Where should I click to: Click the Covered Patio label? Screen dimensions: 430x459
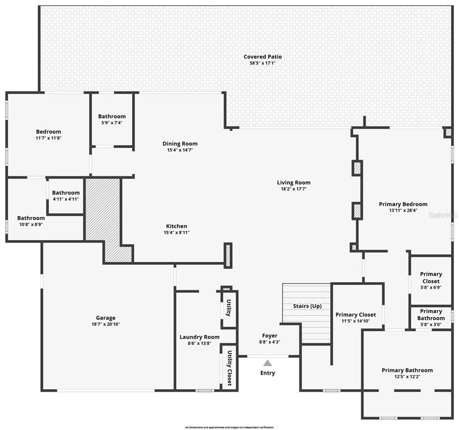click(263, 57)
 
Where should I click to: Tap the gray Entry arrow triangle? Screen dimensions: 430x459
click(268, 363)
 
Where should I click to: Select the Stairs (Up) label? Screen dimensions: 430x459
click(307, 306)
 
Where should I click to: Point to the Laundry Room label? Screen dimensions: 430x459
click(199, 336)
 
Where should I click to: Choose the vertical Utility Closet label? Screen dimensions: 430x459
click(230, 368)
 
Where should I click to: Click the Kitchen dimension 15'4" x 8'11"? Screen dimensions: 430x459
click(176, 232)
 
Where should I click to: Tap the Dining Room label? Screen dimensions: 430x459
click(180, 143)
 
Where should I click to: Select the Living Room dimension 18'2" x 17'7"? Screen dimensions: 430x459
click(293, 189)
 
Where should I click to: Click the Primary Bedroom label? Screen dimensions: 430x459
click(402, 204)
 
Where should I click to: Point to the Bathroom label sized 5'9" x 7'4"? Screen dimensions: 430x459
click(112, 116)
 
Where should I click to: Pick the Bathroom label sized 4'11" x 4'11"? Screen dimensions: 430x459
click(66, 192)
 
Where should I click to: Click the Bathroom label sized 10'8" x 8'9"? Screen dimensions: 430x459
click(31, 218)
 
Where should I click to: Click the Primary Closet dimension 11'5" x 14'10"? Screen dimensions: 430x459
click(355, 321)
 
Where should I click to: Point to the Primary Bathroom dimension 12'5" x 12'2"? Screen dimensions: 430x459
click(407, 377)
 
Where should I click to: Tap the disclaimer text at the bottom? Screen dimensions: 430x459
click(229, 427)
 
